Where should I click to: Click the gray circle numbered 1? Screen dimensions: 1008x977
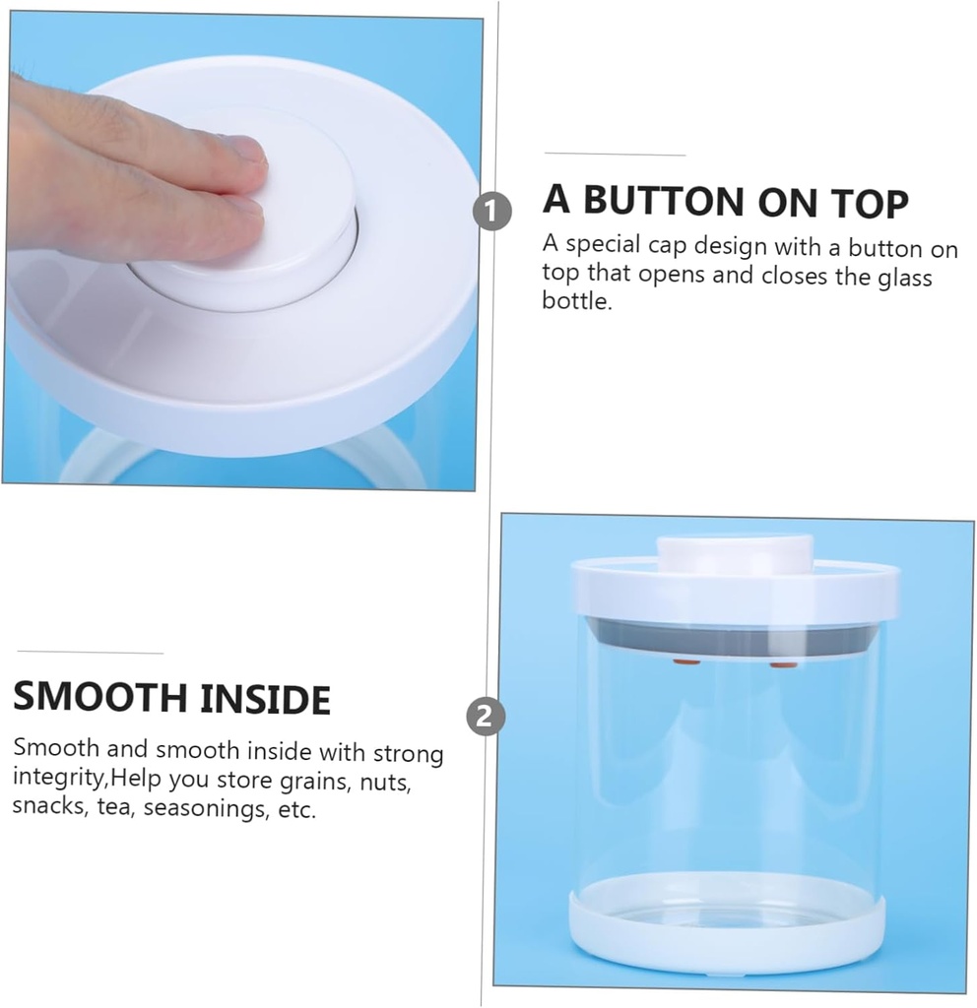[491, 211]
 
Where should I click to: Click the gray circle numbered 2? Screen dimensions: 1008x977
[484, 716]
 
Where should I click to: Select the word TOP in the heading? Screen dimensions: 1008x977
[867, 202]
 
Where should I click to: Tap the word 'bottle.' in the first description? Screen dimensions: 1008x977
[577, 301]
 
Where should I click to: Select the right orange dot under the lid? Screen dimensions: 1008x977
[783, 666]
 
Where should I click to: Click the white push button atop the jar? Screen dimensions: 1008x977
[735, 553]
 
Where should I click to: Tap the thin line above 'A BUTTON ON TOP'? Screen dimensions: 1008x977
[615, 155]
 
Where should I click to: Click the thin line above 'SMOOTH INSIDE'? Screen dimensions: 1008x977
[90, 653]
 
